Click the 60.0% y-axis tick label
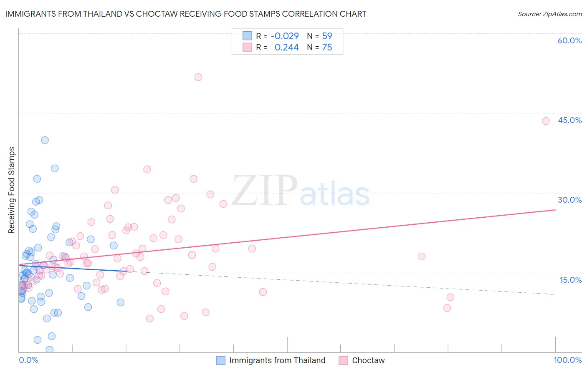pyautogui.click(x=569, y=41)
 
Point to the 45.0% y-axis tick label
pyautogui.click(x=569, y=121)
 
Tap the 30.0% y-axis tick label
pyautogui.click(x=569, y=200)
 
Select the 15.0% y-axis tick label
pyautogui.click(x=570, y=280)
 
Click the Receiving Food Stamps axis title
pyautogui.click(x=12, y=190)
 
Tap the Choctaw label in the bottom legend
pyautogui.click(x=368, y=361)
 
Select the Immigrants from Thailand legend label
pyautogui.click(x=277, y=361)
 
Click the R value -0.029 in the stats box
pyautogui.click(x=285, y=36)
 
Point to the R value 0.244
pyautogui.click(x=286, y=48)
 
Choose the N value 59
pyautogui.click(x=327, y=36)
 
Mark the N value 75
pyautogui.click(x=327, y=48)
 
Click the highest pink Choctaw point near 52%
pyautogui.click(x=198, y=77)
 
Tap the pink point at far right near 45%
pyautogui.click(x=546, y=121)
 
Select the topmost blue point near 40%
pyautogui.click(x=45, y=140)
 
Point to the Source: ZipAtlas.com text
pyautogui.click(x=549, y=14)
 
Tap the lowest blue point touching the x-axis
pyautogui.click(x=50, y=349)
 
